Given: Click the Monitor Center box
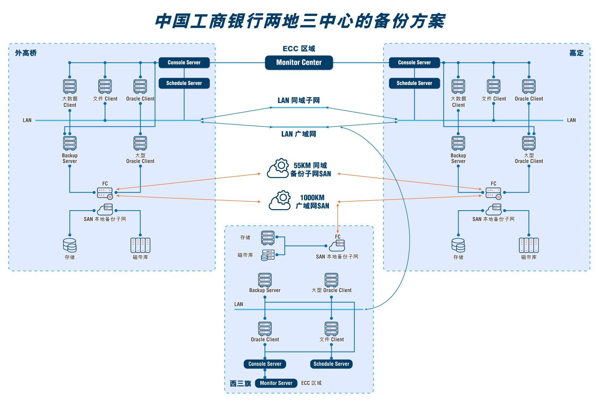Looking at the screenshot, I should (299, 62).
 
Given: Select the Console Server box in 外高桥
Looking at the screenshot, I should (184, 62).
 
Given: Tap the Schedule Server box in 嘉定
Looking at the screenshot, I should (414, 83).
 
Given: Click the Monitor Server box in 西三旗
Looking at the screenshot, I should (276, 383).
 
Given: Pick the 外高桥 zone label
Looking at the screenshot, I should (26, 53).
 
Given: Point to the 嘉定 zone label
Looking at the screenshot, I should (576, 53).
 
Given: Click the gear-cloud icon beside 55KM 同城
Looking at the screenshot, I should (278, 168).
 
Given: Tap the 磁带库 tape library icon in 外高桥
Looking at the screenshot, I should (140, 245).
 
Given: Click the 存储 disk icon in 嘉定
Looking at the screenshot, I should (458, 245).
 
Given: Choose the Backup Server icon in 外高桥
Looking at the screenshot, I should (70, 143).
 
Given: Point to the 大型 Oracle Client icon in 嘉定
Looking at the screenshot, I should (529, 143).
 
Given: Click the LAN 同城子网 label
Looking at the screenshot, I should (299, 100).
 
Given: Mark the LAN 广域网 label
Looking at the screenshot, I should (299, 134).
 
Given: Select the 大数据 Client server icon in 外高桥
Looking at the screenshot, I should (70, 86).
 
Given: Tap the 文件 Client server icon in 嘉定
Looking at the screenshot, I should (493, 86).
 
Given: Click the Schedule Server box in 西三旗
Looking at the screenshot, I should (331, 364).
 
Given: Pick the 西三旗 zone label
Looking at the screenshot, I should (240, 383).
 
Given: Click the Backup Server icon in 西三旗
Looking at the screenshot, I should (265, 280).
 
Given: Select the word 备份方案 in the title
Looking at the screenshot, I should (409, 21).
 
